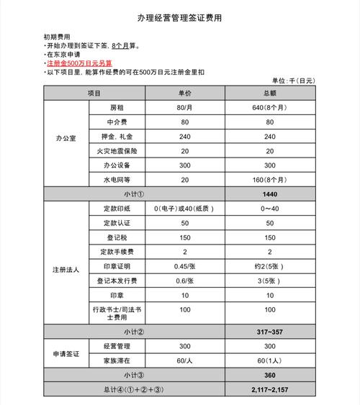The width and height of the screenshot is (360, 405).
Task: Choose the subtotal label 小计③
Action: click(135, 375)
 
